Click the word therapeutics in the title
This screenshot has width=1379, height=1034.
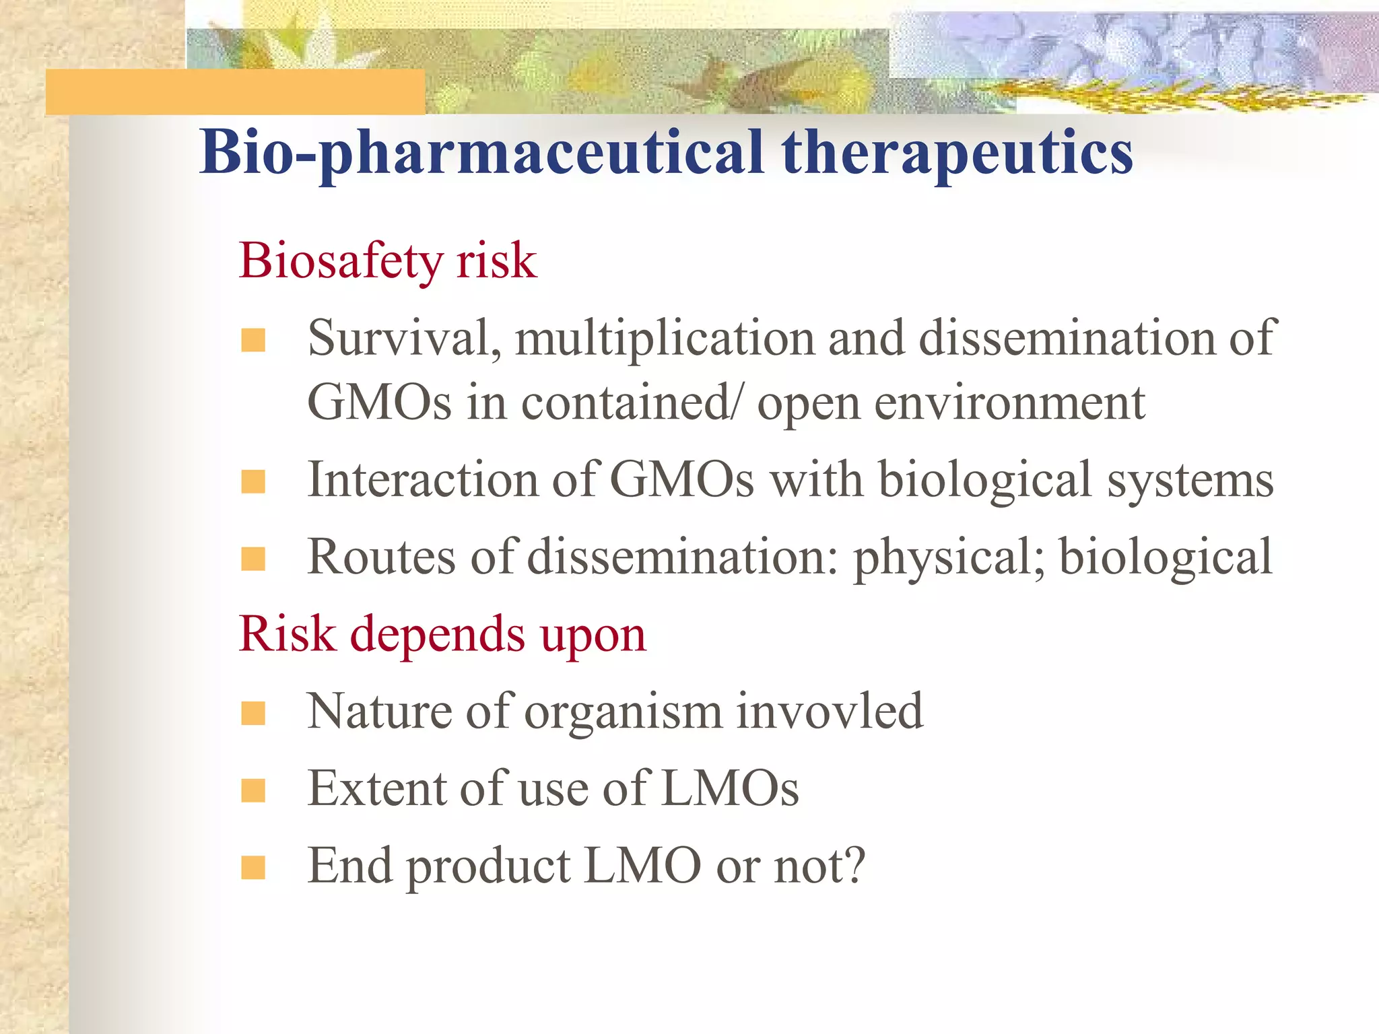[x=956, y=153]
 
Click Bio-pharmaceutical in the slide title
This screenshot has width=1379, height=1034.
[x=481, y=153]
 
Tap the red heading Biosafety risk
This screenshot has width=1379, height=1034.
[x=388, y=261]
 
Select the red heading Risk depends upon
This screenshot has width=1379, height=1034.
[x=442, y=635]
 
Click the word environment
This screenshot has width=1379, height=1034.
[x=1010, y=404]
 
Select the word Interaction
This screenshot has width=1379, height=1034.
[x=422, y=480]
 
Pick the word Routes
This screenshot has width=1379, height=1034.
[x=382, y=557]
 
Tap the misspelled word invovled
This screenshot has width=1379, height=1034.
[x=830, y=712]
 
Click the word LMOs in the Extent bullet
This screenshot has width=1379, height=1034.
[x=730, y=788]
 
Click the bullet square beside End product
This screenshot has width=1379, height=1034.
[x=253, y=868]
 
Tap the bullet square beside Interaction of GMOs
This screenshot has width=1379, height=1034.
[x=253, y=482]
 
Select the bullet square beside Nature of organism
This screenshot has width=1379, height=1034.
[x=253, y=714]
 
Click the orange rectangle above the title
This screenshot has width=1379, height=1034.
[x=236, y=92]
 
